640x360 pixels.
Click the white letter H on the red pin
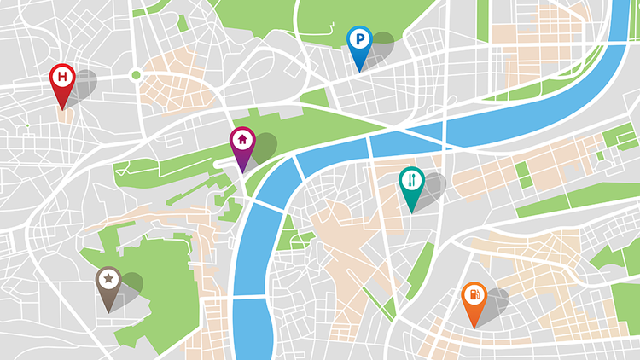coord(61,77)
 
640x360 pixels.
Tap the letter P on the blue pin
coord(359,38)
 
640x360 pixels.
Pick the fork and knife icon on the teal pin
coord(411,179)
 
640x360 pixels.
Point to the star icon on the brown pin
coord(108,277)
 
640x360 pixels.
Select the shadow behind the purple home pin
coord(264,146)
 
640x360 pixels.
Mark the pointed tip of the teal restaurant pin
coord(411,212)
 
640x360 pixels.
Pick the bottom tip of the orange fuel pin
coord(474,328)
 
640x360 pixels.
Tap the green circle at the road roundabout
coord(135,76)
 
